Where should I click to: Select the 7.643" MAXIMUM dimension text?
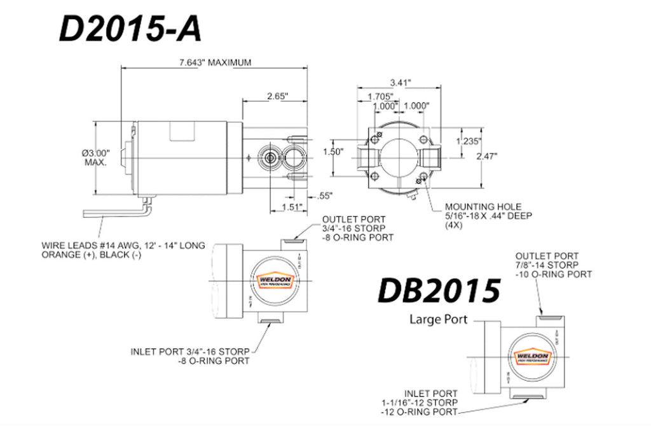pyautogui.click(x=216, y=62)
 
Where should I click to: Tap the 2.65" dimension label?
pyautogui.click(x=277, y=96)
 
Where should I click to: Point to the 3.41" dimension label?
pyautogui.click(x=401, y=82)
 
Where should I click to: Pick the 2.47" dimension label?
pyautogui.click(x=487, y=155)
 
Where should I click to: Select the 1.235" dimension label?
pyautogui.click(x=469, y=141)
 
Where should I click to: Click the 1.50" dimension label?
pyautogui.click(x=333, y=152)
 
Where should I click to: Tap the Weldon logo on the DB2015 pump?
pyautogui.click(x=529, y=358)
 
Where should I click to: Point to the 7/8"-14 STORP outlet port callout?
pyautogui.click(x=553, y=264)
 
